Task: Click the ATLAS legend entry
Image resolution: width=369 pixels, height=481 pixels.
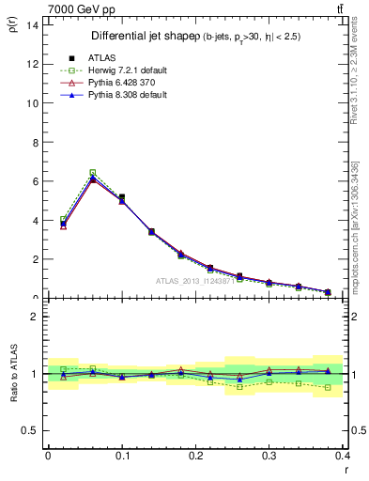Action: (x=101, y=57)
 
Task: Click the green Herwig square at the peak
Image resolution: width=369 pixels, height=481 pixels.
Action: (x=92, y=173)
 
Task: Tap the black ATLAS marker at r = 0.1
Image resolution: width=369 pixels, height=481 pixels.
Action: (x=122, y=197)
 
